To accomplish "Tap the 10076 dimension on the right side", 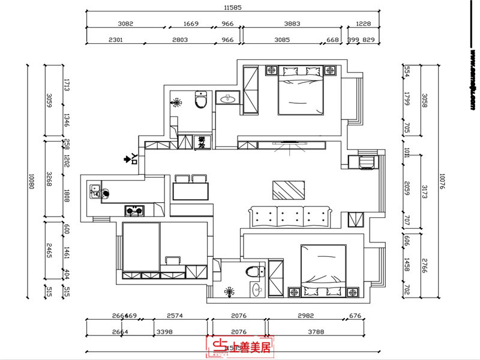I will tap(442, 182).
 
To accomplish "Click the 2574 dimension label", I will tap(174, 316).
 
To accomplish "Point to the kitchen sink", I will tap(95, 191).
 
